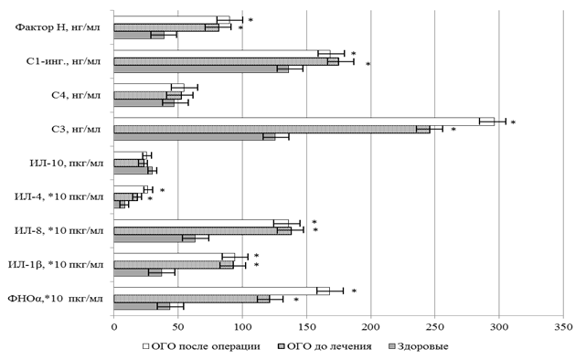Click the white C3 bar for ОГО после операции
point(304,122)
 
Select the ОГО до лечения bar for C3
point(272,129)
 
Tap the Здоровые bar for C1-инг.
point(201,69)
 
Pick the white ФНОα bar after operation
point(221,291)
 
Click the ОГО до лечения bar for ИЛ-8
point(202,231)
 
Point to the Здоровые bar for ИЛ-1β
point(137,272)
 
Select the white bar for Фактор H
point(172,20)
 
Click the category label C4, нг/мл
point(76,95)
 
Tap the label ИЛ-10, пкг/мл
point(66,164)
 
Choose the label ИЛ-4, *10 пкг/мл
point(59,196)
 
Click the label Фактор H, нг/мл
point(58,27)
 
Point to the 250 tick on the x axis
point(435,327)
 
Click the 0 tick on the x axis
point(113,327)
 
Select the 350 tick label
point(563,327)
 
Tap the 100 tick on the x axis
point(242,327)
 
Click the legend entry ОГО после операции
point(201,346)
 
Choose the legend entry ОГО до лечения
point(325,346)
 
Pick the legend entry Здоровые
point(418,346)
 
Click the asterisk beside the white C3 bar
point(513,122)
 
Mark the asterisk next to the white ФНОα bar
point(354,291)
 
